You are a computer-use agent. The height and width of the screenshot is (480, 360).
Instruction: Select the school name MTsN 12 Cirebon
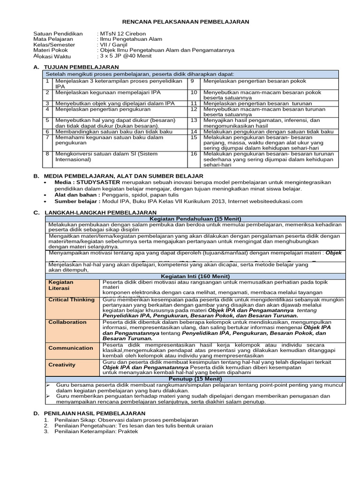tap(122, 34)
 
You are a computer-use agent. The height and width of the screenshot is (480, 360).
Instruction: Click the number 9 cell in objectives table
tap(192, 81)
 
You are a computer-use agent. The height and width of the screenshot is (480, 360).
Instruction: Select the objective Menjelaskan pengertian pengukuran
tap(103, 109)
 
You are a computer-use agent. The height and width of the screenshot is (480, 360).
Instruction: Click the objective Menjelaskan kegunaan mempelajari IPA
tap(108, 93)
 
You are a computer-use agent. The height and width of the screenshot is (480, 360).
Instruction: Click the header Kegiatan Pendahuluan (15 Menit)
tap(195, 219)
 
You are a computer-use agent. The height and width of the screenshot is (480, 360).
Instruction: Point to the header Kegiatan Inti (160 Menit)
tap(195, 277)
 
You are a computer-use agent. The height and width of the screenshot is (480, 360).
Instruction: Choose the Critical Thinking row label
tap(72, 300)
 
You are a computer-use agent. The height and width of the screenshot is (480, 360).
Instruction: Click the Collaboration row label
tap(67, 322)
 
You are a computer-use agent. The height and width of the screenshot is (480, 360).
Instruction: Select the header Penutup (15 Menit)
tap(195, 378)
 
